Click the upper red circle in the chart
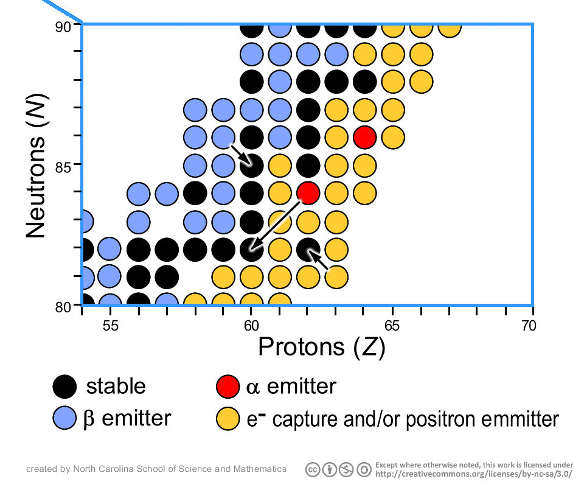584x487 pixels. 364,137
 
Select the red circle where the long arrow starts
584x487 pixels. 308,193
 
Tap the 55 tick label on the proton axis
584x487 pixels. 110,326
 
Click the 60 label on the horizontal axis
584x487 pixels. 251,326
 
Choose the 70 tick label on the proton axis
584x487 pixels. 529,326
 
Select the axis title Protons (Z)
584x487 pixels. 322,347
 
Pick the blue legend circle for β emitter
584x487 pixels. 64,418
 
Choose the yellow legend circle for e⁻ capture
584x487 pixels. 228,418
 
